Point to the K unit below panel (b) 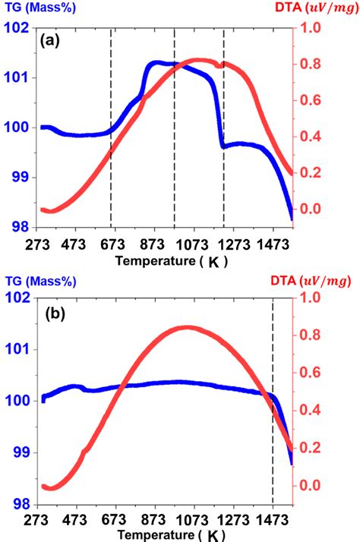215,535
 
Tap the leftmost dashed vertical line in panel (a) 111,129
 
